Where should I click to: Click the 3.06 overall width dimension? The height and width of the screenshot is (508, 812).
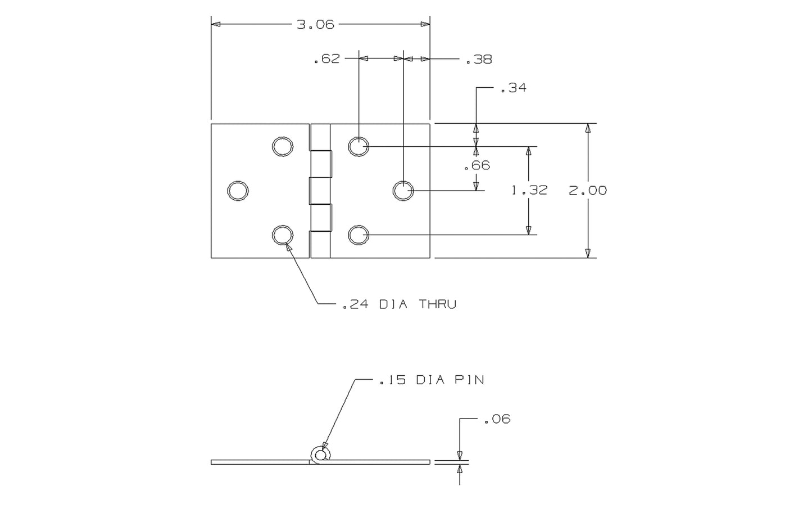[x=315, y=24]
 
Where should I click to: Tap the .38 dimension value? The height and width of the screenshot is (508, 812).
[x=479, y=60]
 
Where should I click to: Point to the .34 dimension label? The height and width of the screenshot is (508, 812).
[x=513, y=88]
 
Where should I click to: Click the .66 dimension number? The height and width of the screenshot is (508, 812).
[x=477, y=165]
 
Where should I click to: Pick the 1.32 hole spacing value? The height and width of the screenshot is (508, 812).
[x=529, y=190]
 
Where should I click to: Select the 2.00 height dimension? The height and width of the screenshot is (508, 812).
[x=588, y=190]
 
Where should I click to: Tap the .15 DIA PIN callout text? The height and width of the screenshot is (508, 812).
[x=432, y=380]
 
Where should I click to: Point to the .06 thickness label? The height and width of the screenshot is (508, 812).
[x=497, y=419]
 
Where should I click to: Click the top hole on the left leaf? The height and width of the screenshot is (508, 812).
[x=282, y=146]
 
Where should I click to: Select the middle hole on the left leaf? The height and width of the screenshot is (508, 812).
[x=238, y=191]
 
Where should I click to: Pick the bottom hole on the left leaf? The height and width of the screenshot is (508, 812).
[x=282, y=235]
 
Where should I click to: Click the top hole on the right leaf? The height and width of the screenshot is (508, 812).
[x=358, y=146]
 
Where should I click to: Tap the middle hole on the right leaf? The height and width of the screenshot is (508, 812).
[x=402, y=191]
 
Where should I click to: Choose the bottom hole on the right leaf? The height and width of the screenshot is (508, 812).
[x=358, y=235]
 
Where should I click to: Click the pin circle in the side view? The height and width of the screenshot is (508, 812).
[x=320, y=455]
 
